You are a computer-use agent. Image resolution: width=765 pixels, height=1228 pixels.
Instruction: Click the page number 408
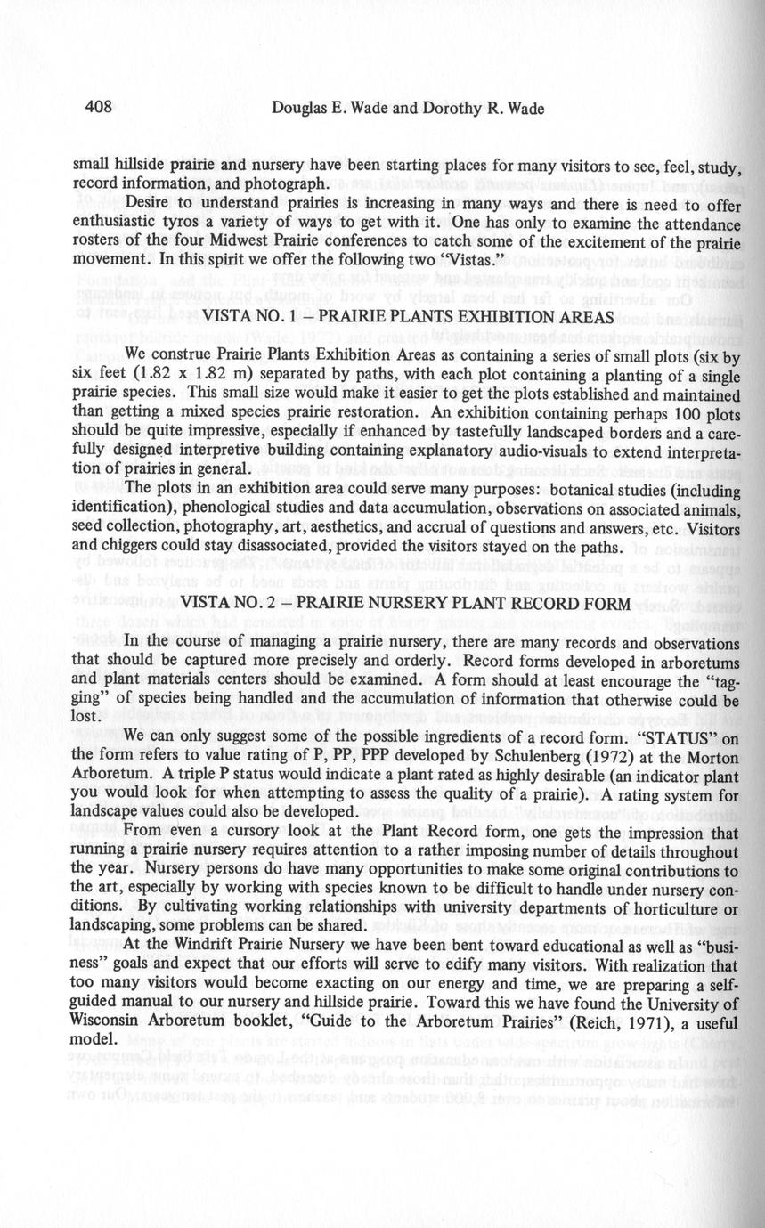(x=97, y=108)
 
